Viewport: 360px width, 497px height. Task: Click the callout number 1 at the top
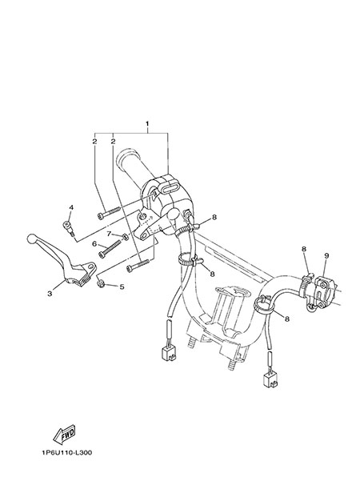pos(147,123)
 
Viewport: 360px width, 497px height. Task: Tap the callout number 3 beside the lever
pos(50,294)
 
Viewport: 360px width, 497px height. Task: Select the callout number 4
pos(71,207)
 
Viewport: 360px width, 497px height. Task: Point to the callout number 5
pos(122,287)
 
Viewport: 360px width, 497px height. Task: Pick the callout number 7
pos(109,234)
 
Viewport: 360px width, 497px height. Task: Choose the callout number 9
pos(326,255)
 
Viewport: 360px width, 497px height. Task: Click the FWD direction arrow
pos(64,434)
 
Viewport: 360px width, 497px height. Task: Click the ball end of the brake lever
pos(31,238)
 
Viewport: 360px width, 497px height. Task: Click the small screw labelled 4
pos(69,227)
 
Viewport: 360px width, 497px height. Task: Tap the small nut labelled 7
pos(125,236)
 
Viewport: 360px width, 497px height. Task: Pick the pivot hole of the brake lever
pos(91,267)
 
